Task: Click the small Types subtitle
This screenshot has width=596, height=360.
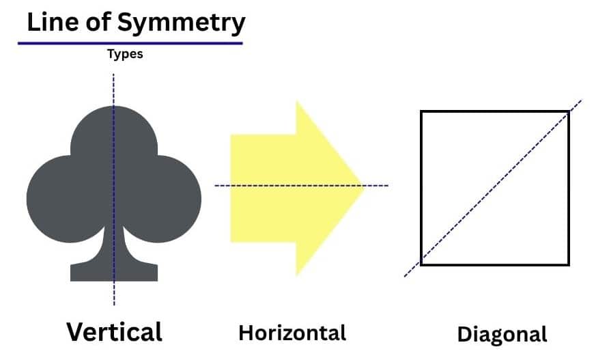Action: pyautogui.click(x=125, y=54)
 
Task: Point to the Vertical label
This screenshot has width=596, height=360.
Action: pyautogui.click(x=114, y=331)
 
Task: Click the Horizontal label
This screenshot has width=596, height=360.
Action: pyautogui.click(x=292, y=333)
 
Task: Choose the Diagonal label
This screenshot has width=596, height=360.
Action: pyautogui.click(x=502, y=334)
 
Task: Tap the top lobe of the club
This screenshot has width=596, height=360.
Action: pyautogui.click(x=114, y=133)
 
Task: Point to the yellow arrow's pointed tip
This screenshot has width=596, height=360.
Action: pyautogui.click(x=362, y=185)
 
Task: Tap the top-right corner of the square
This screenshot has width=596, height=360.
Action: pyautogui.click(x=568, y=111)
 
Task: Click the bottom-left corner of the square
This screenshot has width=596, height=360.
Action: pyautogui.click(x=421, y=264)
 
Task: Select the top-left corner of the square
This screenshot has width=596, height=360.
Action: pyautogui.click(x=421, y=111)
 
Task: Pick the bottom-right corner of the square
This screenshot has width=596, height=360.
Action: pyautogui.click(x=568, y=264)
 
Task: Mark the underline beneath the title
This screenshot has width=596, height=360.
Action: pyautogui.click(x=130, y=43)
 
